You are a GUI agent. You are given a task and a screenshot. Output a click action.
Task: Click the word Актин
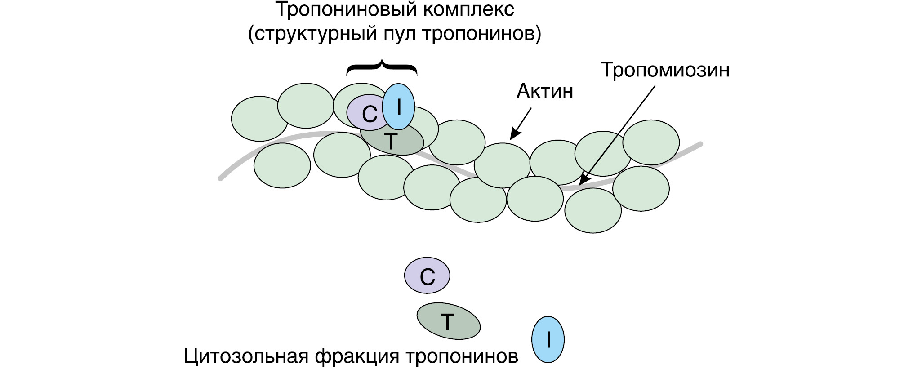pos(545,91)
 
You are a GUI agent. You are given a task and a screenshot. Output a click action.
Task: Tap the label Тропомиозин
pos(665,70)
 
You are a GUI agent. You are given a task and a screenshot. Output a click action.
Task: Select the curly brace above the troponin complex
pos(382,67)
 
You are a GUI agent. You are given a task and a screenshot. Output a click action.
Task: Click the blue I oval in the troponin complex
pos(398,107)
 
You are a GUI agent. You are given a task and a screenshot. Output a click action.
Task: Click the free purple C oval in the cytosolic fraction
pos(427,276)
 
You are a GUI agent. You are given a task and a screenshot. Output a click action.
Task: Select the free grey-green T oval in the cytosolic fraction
pos(448,321)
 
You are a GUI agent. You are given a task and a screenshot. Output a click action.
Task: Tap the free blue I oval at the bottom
pos(548,340)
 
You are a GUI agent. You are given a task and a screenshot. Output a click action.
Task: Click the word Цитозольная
pos(246,356)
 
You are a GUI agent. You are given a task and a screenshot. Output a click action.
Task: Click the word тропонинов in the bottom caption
pos(462,356)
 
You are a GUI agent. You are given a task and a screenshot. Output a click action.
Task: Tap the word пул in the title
pos(399,34)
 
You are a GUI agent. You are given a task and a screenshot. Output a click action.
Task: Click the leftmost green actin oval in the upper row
pos(259,119)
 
